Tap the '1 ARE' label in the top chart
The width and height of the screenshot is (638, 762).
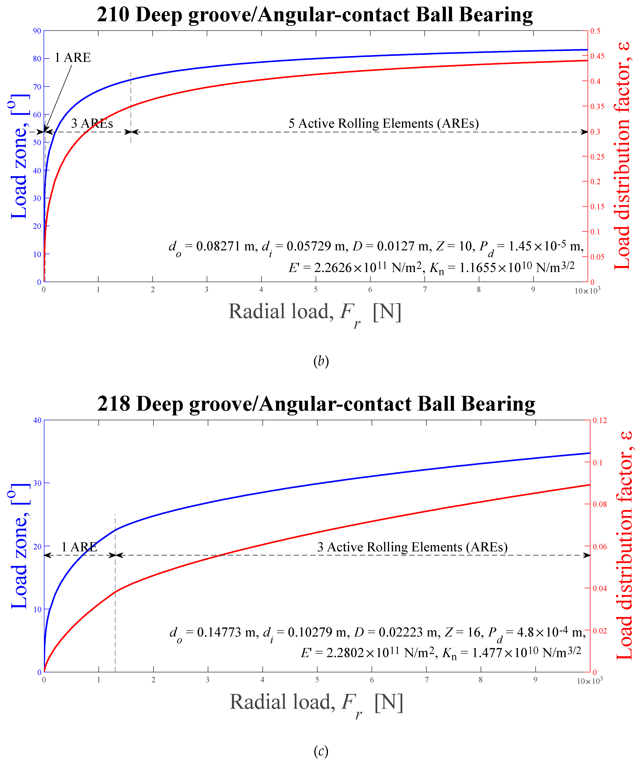coord(73,58)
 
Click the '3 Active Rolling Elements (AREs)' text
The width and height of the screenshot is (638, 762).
coord(412,547)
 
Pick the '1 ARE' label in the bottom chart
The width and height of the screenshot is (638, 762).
coord(79,547)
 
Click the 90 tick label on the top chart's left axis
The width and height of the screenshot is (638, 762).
coord(37,31)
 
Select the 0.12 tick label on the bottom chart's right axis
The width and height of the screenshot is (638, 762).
coord(600,421)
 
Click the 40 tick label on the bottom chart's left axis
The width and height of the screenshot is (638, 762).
coord(37,421)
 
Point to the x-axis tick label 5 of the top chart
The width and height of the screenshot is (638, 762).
coord(315,289)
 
